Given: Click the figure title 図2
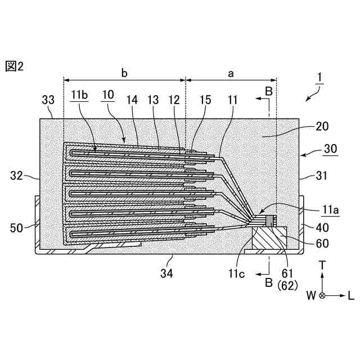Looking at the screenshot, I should click(15, 66).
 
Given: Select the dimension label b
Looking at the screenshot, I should click(125, 73).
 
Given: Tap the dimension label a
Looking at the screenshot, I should click(231, 73).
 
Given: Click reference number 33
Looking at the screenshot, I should click(49, 100).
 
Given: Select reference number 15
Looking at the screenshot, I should click(206, 100).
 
